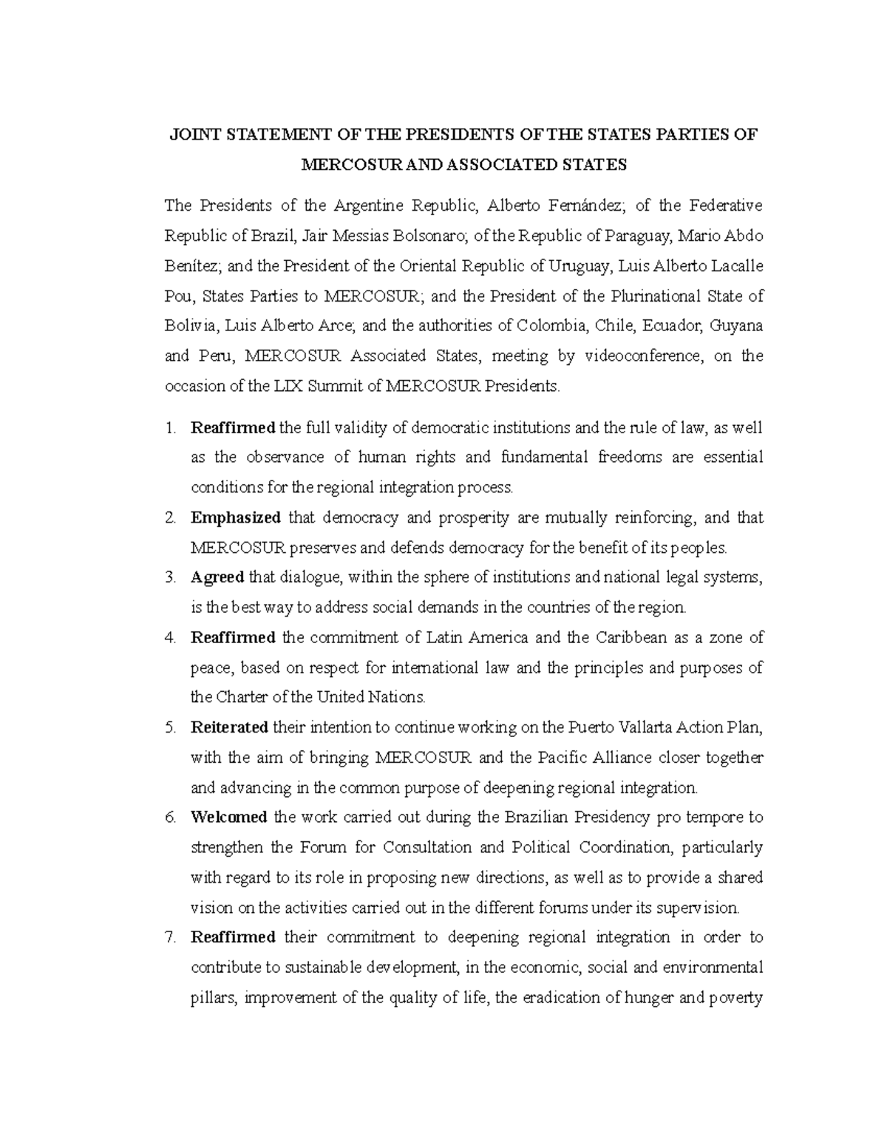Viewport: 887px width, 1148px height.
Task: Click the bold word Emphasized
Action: point(235,517)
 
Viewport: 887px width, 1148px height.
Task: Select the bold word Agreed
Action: point(217,577)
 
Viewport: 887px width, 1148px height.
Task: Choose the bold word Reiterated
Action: point(229,727)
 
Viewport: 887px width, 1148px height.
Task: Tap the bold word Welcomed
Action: point(229,818)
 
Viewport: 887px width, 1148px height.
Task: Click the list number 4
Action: point(171,638)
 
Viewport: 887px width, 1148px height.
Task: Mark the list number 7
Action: point(171,938)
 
